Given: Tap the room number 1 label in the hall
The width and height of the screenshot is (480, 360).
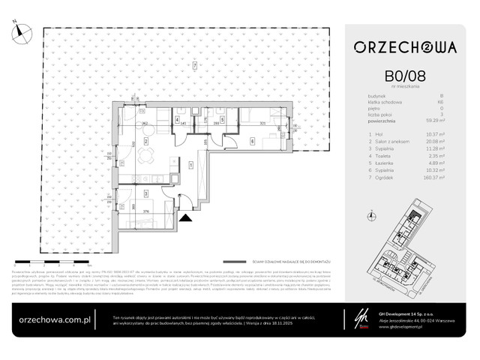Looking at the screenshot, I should click(x=191, y=164).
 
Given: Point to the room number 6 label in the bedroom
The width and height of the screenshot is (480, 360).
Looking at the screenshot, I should click(x=253, y=141).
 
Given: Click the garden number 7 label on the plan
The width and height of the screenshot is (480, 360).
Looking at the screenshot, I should click(x=194, y=66).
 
